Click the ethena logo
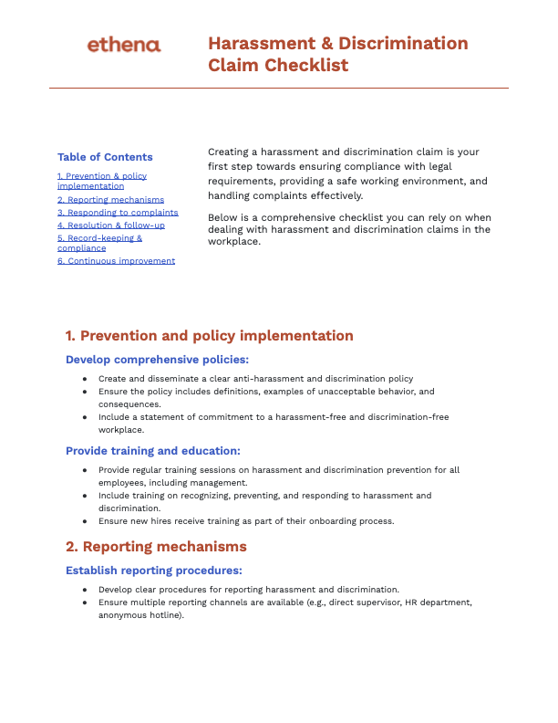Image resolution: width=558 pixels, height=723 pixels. pos(123,45)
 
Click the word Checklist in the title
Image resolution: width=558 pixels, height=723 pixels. pos(306,65)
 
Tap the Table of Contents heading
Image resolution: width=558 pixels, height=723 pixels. pos(105,157)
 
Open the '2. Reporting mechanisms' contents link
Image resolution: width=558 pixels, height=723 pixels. pos(110,199)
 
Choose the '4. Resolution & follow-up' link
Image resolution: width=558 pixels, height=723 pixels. pos(110,225)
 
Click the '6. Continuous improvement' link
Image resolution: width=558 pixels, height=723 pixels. pos(116,260)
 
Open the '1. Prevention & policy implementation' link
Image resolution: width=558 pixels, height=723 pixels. pos(101,181)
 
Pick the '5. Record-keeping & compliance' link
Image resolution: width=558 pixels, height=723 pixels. pos(99,243)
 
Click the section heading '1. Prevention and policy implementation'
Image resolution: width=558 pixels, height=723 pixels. pos(209,336)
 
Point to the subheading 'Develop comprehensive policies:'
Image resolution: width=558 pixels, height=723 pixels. pos(157,360)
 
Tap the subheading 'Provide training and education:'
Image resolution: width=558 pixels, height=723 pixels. pos(153,450)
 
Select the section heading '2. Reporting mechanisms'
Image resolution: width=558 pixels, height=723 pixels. pos(156,547)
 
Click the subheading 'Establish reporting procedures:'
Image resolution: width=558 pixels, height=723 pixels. pos(153,571)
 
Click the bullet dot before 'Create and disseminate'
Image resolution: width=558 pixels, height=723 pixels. pos(85,379)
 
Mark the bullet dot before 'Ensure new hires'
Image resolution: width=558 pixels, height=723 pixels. pos(85,521)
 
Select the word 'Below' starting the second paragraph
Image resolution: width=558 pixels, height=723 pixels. pos(223,216)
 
